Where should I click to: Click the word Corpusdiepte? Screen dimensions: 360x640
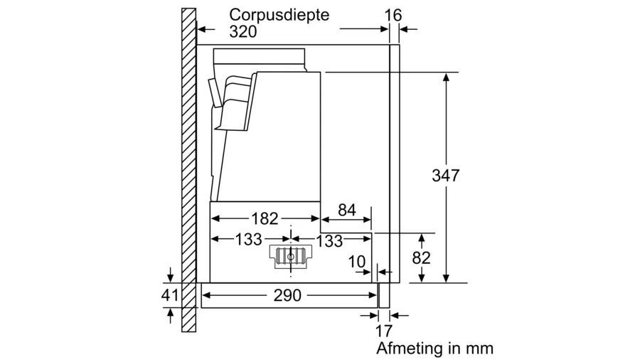click(279, 14)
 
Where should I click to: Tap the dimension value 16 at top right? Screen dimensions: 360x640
click(393, 14)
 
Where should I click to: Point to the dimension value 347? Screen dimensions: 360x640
click(447, 175)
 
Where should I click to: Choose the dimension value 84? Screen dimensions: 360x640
click(346, 211)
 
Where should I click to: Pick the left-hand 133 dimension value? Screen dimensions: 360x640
click(248, 240)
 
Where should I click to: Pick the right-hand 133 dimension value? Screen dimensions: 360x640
click(329, 241)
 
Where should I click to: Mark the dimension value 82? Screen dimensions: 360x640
click(422, 258)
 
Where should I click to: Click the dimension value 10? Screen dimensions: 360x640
click(357, 261)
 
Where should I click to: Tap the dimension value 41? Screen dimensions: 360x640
click(169, 295)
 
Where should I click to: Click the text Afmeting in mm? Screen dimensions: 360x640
click(434, 349)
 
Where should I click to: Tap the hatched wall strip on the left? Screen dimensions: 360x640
click(188, 171)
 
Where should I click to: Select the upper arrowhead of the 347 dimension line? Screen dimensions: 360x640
click(447, 76)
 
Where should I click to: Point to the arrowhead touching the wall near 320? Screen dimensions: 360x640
click(200, 30)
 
